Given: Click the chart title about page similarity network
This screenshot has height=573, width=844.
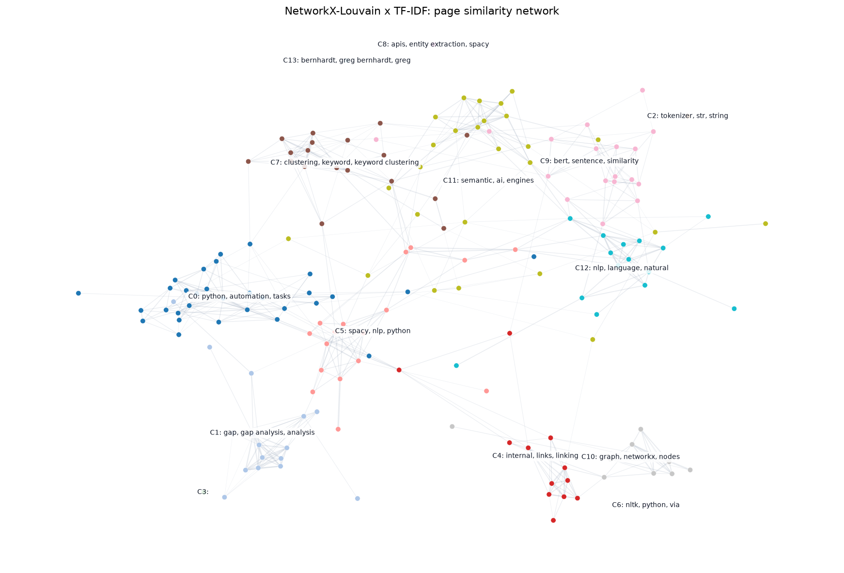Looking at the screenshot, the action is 422,11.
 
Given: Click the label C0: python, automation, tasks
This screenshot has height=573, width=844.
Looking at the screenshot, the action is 239,296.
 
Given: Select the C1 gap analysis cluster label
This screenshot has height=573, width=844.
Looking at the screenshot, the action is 262,433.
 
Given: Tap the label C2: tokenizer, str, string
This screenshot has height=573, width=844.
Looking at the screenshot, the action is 688,116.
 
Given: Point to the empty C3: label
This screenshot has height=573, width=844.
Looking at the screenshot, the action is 203,492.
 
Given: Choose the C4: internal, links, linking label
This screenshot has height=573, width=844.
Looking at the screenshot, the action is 535,456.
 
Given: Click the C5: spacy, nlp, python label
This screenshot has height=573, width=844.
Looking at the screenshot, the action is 373,331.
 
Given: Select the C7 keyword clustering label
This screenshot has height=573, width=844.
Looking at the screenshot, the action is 344,163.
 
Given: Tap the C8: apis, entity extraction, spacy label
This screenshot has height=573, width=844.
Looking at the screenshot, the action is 433,45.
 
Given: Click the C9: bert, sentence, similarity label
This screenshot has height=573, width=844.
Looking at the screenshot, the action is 589,161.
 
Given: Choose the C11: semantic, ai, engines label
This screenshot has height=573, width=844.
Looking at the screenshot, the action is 488,181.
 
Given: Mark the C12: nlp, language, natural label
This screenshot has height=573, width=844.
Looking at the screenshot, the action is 622,268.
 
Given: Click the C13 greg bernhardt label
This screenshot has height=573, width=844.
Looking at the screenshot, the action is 346,61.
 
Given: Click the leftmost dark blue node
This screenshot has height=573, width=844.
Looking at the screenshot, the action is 78,293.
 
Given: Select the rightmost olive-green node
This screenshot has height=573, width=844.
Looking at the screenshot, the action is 766,224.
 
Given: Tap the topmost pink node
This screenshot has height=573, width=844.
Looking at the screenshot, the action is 642,90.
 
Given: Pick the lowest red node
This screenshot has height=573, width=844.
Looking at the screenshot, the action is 553,520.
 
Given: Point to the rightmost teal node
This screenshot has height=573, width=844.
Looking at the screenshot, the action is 734,309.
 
